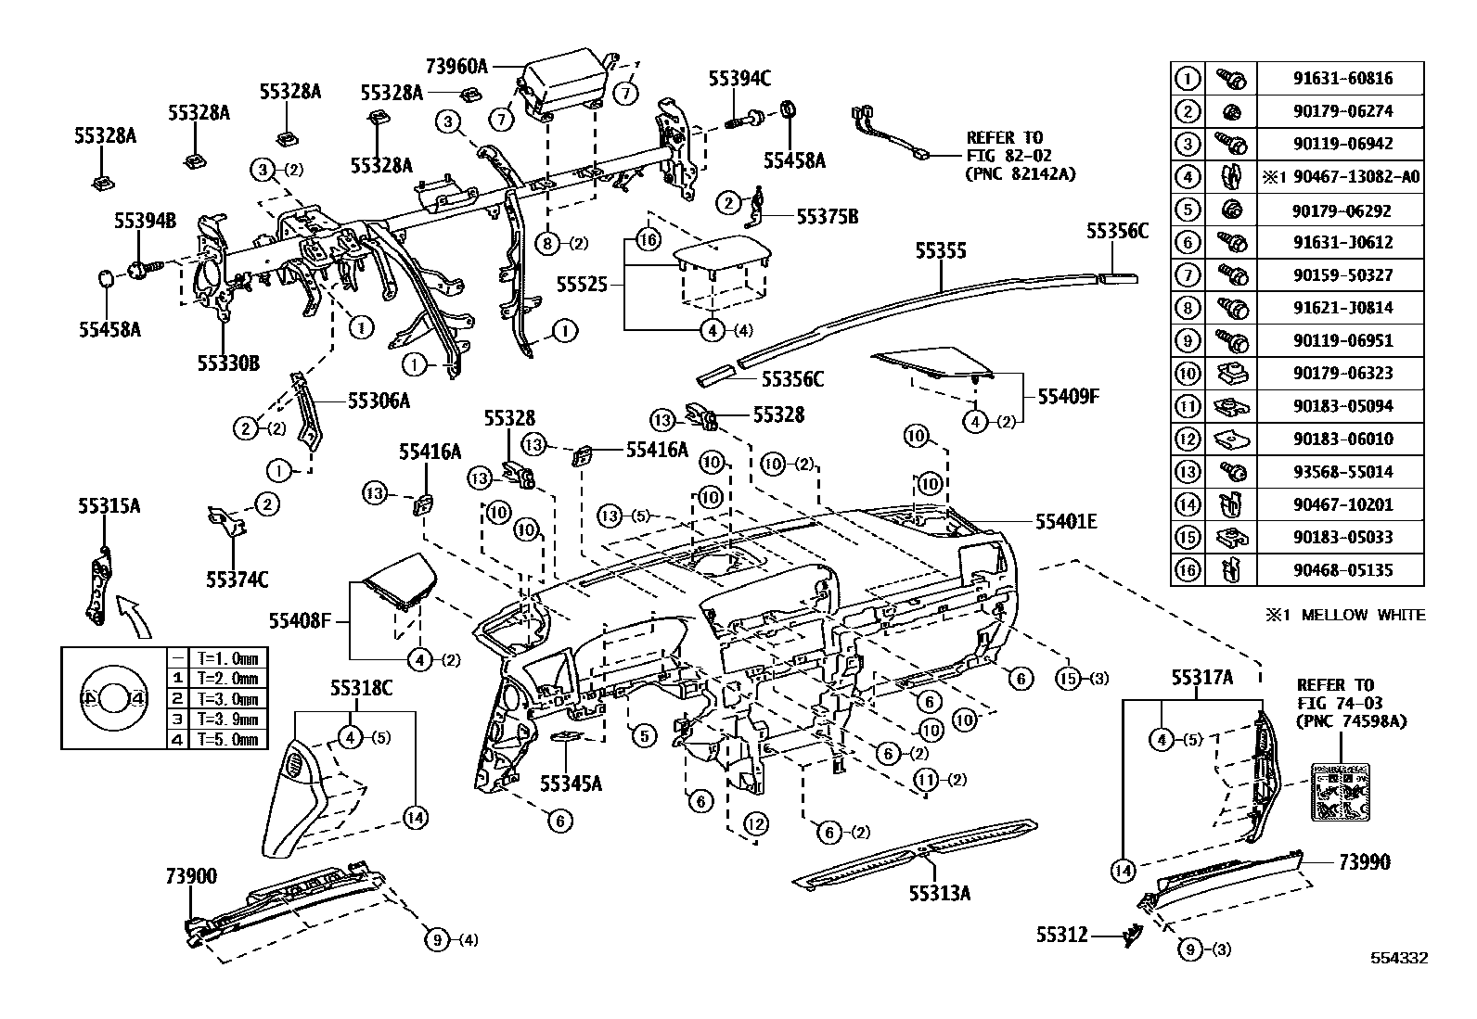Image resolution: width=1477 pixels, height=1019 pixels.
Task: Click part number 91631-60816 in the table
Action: [x=1342, y=79]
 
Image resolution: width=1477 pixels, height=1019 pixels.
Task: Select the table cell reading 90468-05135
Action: [x=1342, y=570]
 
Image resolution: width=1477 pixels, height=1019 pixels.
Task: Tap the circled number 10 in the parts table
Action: [x=1188, y=374]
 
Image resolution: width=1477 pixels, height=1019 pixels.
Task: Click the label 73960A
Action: [x=456, y=67]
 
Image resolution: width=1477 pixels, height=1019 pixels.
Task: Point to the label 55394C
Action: [x=739, y=79]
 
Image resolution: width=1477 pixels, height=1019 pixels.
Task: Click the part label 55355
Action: [x=941, y=251]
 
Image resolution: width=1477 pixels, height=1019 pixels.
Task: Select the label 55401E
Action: [x=1066, y=522]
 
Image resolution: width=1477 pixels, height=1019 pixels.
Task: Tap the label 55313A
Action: [x=939, y=893]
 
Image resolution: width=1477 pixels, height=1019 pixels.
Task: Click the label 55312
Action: [x=1061, y=936]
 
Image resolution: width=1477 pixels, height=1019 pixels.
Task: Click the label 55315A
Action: [x=109, y=506]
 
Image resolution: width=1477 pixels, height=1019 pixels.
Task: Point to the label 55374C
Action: [x=237, y=580]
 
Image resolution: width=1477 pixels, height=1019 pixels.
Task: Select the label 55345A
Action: [x=571, y=783]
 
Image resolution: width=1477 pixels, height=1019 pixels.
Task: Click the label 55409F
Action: [x=1068, y=397]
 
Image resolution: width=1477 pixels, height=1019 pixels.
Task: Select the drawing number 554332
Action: [x=1399, y=958]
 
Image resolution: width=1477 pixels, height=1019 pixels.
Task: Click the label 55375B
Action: [x=828, y=217]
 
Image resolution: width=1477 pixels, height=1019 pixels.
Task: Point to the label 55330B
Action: [x=227, y=362]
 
